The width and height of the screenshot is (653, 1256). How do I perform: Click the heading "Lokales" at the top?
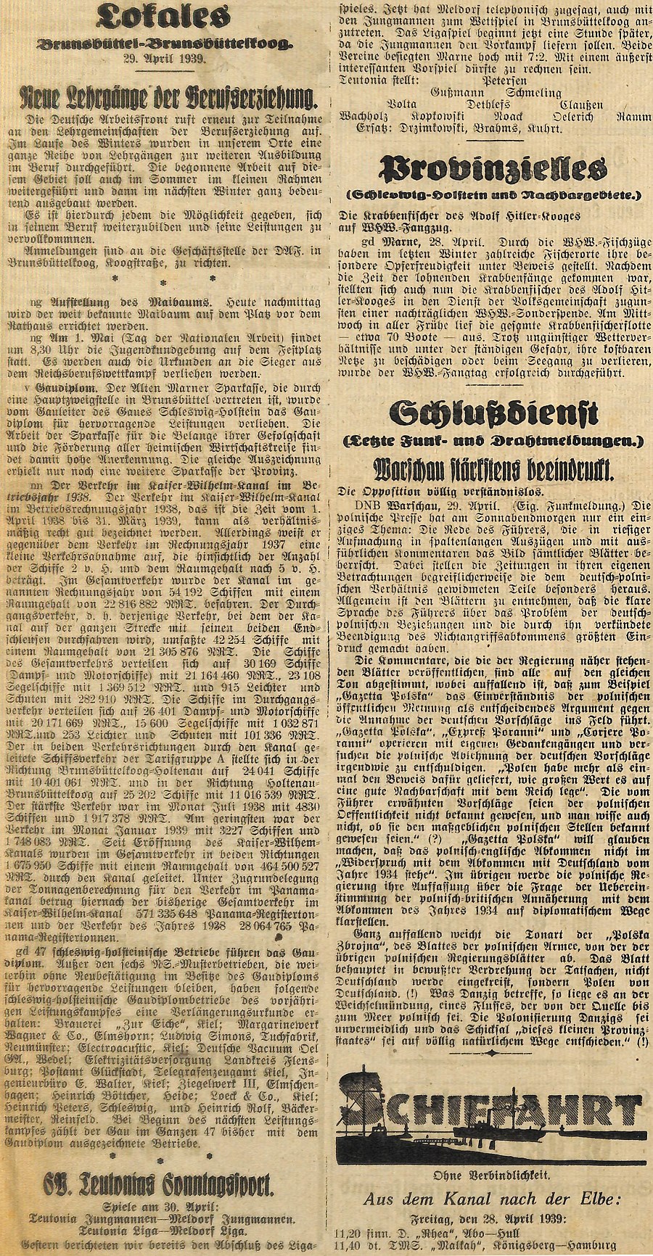pos(157,17)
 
